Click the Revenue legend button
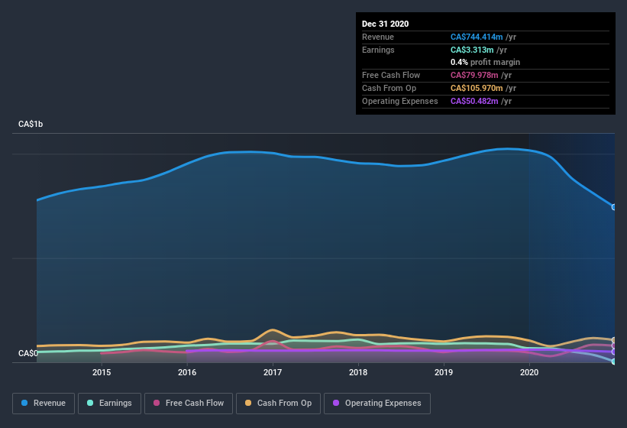pos(44,403)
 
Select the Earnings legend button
pos(110,403)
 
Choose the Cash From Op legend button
pos(278,403)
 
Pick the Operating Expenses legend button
pos(377,403)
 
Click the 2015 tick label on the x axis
pos(102,372)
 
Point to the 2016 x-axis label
pos(187,372)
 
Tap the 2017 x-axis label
pos(273,372)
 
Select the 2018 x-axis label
pos(358,372)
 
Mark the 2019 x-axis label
pos(444,372)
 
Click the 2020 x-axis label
pos(529,372)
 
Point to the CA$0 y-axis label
pos(28,353)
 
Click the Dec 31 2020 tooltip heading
pos(385,24)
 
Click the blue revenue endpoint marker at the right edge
pos(613,207)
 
